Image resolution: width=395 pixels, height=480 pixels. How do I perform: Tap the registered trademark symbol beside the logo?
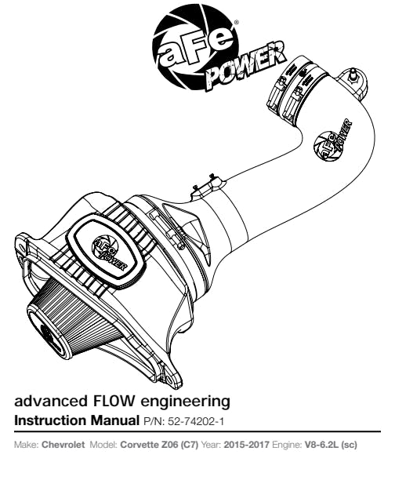click(x=236, y=22)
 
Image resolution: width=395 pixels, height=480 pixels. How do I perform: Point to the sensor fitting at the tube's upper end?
click(x=353, y=77)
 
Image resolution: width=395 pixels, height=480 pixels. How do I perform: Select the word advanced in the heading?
click(x=49, y=401)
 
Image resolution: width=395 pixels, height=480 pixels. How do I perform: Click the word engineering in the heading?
click(x=185, y=402)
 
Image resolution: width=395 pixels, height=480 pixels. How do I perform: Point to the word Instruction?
click(x=50, y=420)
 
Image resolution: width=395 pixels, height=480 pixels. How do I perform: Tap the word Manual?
click(x=114, y=420)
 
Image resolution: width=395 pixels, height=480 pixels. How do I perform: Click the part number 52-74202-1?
click(x=196, y=421)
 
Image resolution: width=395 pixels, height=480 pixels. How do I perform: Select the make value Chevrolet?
click(x=63, y=445)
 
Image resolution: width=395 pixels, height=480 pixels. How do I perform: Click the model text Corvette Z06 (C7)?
click(x=159, y=445)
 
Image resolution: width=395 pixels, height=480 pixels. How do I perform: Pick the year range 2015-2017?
click(x=247, y=445)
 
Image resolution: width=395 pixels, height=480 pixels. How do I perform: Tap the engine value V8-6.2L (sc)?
click(x=331, y=445)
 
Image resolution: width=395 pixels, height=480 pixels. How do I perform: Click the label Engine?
click(x=287, y=445)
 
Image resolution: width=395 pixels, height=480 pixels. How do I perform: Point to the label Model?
click(x=103, y=445)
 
